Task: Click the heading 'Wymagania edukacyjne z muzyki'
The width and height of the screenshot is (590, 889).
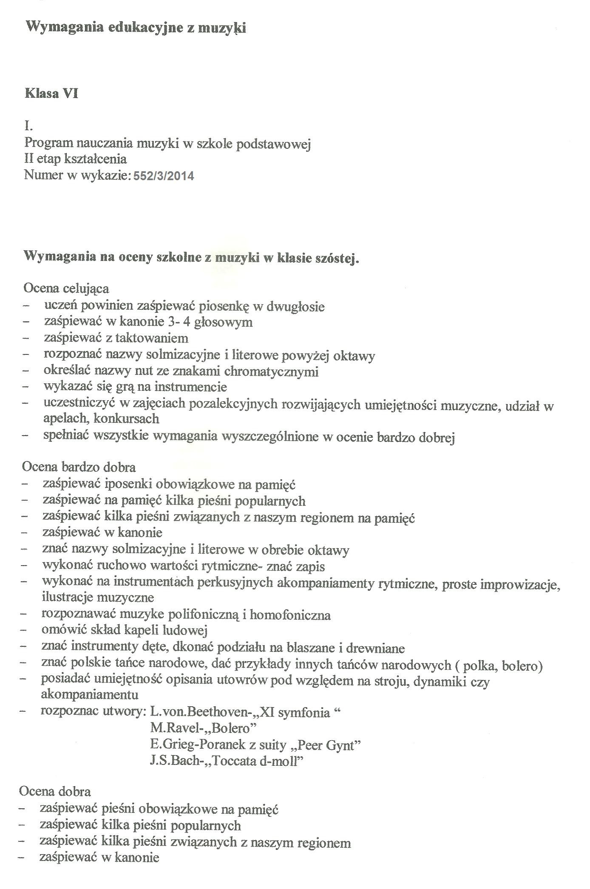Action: point(136,28)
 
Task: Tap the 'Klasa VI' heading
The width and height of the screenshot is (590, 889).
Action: point(51,93)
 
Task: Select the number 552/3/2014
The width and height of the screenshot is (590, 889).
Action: point(164,176)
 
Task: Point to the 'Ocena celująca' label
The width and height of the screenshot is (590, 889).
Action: point(66,289)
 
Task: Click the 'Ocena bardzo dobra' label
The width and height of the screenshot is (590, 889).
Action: point(79,467)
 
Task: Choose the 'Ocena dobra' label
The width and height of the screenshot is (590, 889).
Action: point(55,792)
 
